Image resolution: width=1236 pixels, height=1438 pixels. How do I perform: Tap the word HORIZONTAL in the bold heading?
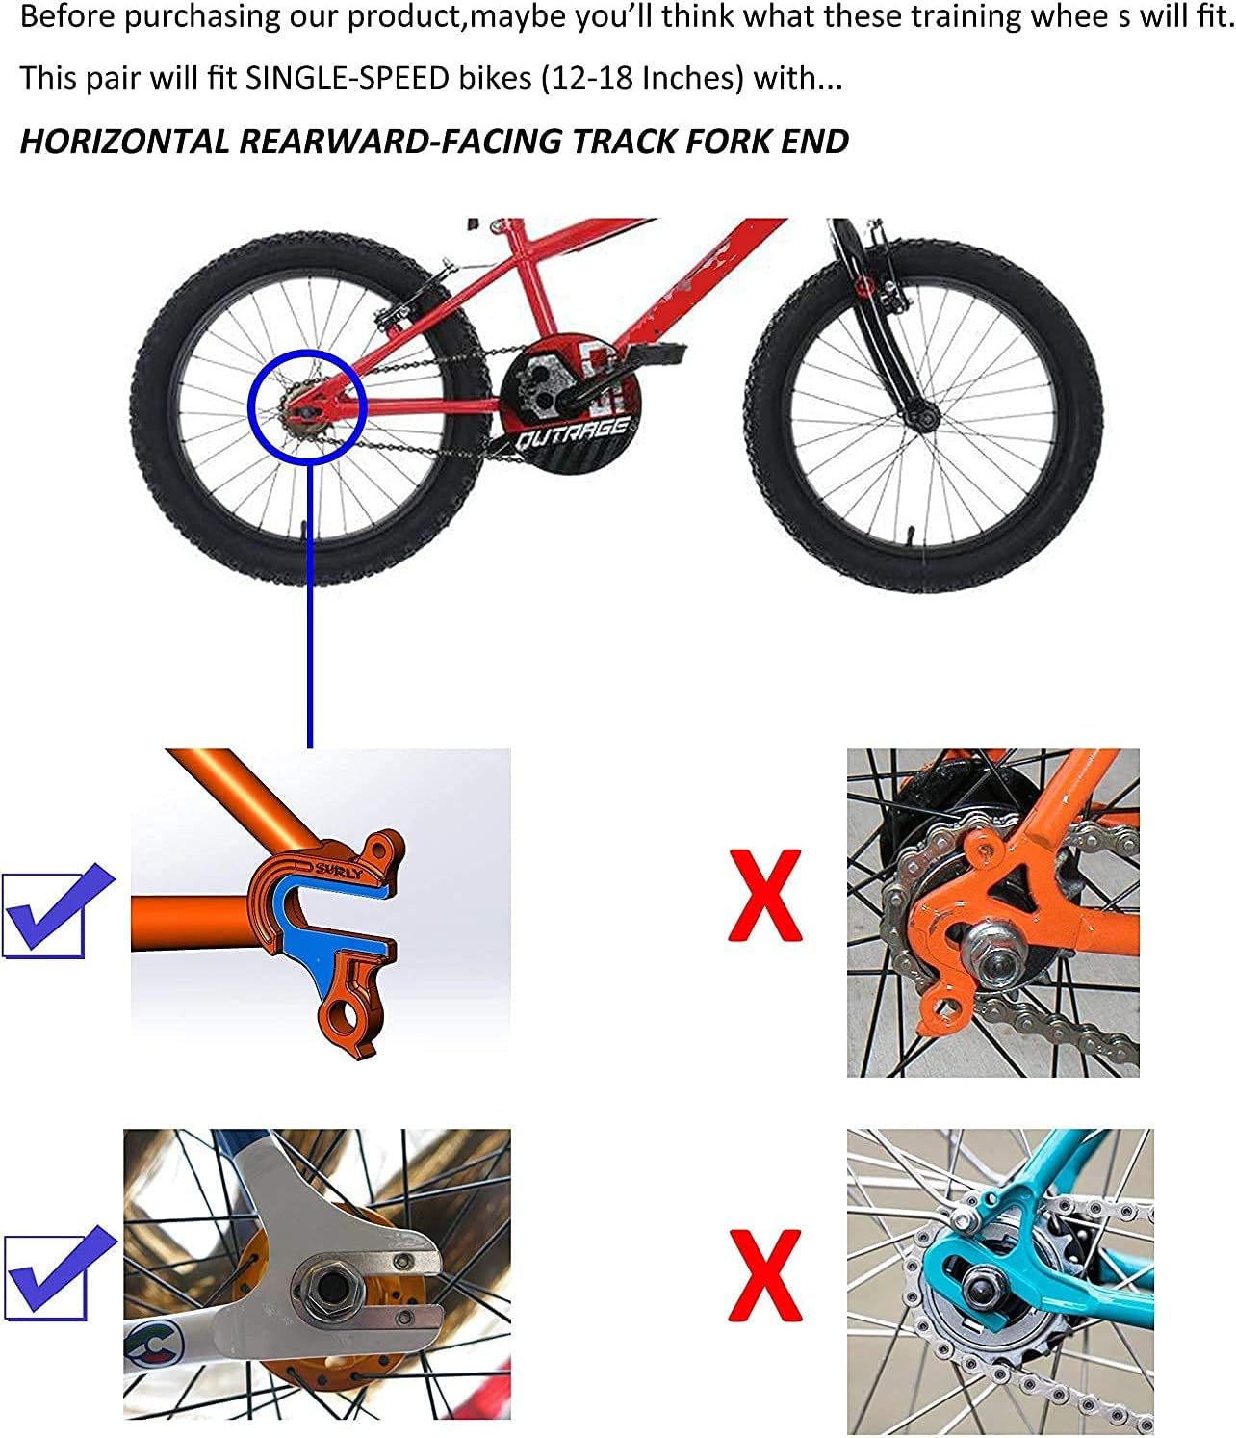[x=122, y=142]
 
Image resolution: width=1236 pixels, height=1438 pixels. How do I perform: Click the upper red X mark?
[x=764, y=895]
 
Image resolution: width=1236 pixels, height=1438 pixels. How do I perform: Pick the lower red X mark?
[x=764, y=1274]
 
